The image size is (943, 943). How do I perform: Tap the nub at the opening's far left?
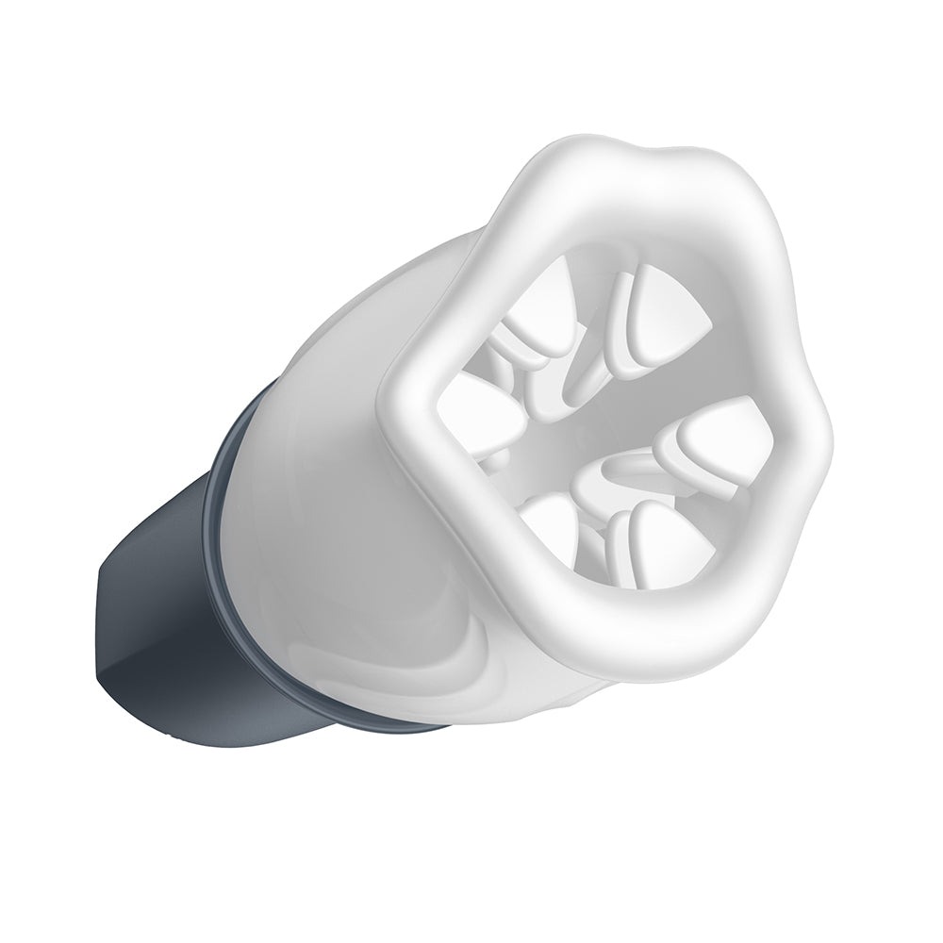(476, 415)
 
